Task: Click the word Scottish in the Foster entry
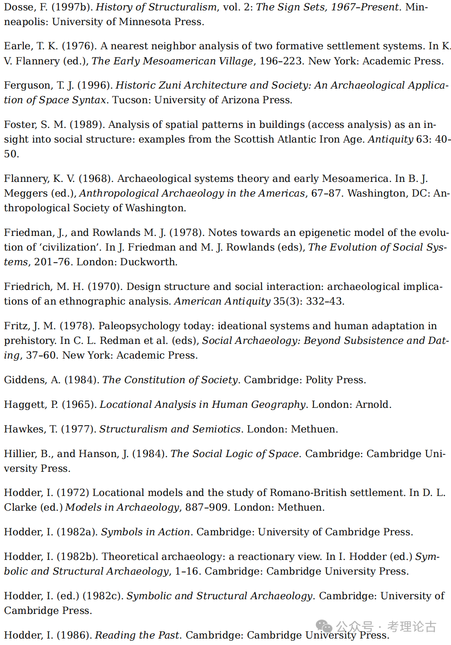coord(254,139)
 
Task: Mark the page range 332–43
coord(325,301)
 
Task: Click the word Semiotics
coord(216,429)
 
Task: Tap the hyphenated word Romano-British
coord(308,492)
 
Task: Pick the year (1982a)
coord(76,532)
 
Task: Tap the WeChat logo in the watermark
coord(324,626)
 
